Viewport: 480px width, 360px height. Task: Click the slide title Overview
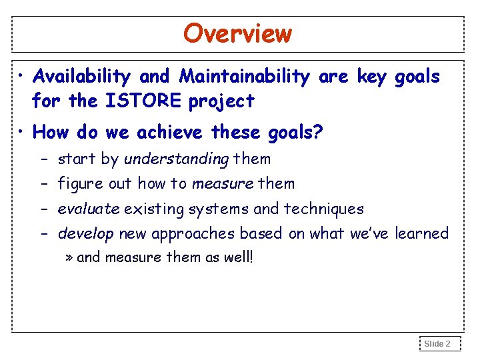tap(237, 33)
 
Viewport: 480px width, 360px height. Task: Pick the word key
tap(374, 77)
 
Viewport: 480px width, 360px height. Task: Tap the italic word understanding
tap(177, 159)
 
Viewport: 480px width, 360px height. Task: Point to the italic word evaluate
tap(89, 209)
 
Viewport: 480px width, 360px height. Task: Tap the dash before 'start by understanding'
tap(42, 159)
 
